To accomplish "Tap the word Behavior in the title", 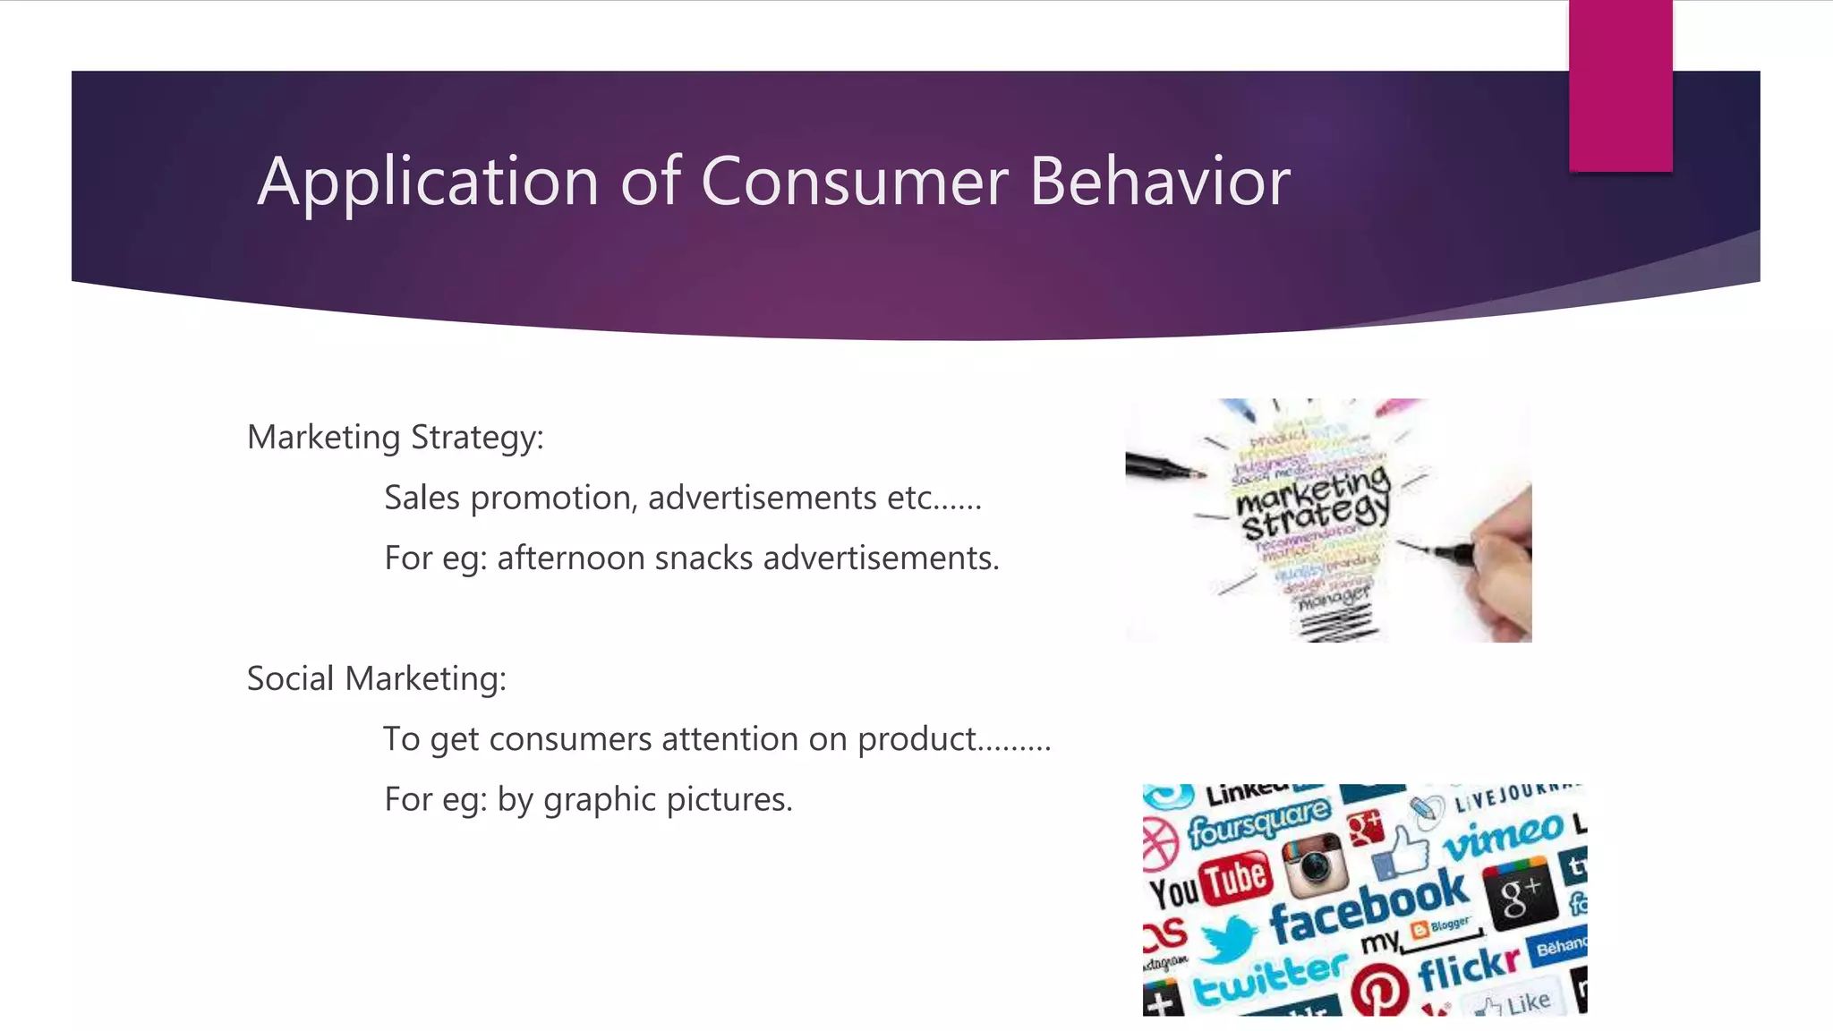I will (1159, 182).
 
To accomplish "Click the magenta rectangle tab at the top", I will (1620, 85).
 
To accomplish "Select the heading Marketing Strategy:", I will (395, 438).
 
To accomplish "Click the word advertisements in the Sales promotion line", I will (762, 498).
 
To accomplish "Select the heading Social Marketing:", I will (376, 679).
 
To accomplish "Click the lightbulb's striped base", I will (1338, 622).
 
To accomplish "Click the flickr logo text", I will (1468, 968).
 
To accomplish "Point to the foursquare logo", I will (1258, 822).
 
